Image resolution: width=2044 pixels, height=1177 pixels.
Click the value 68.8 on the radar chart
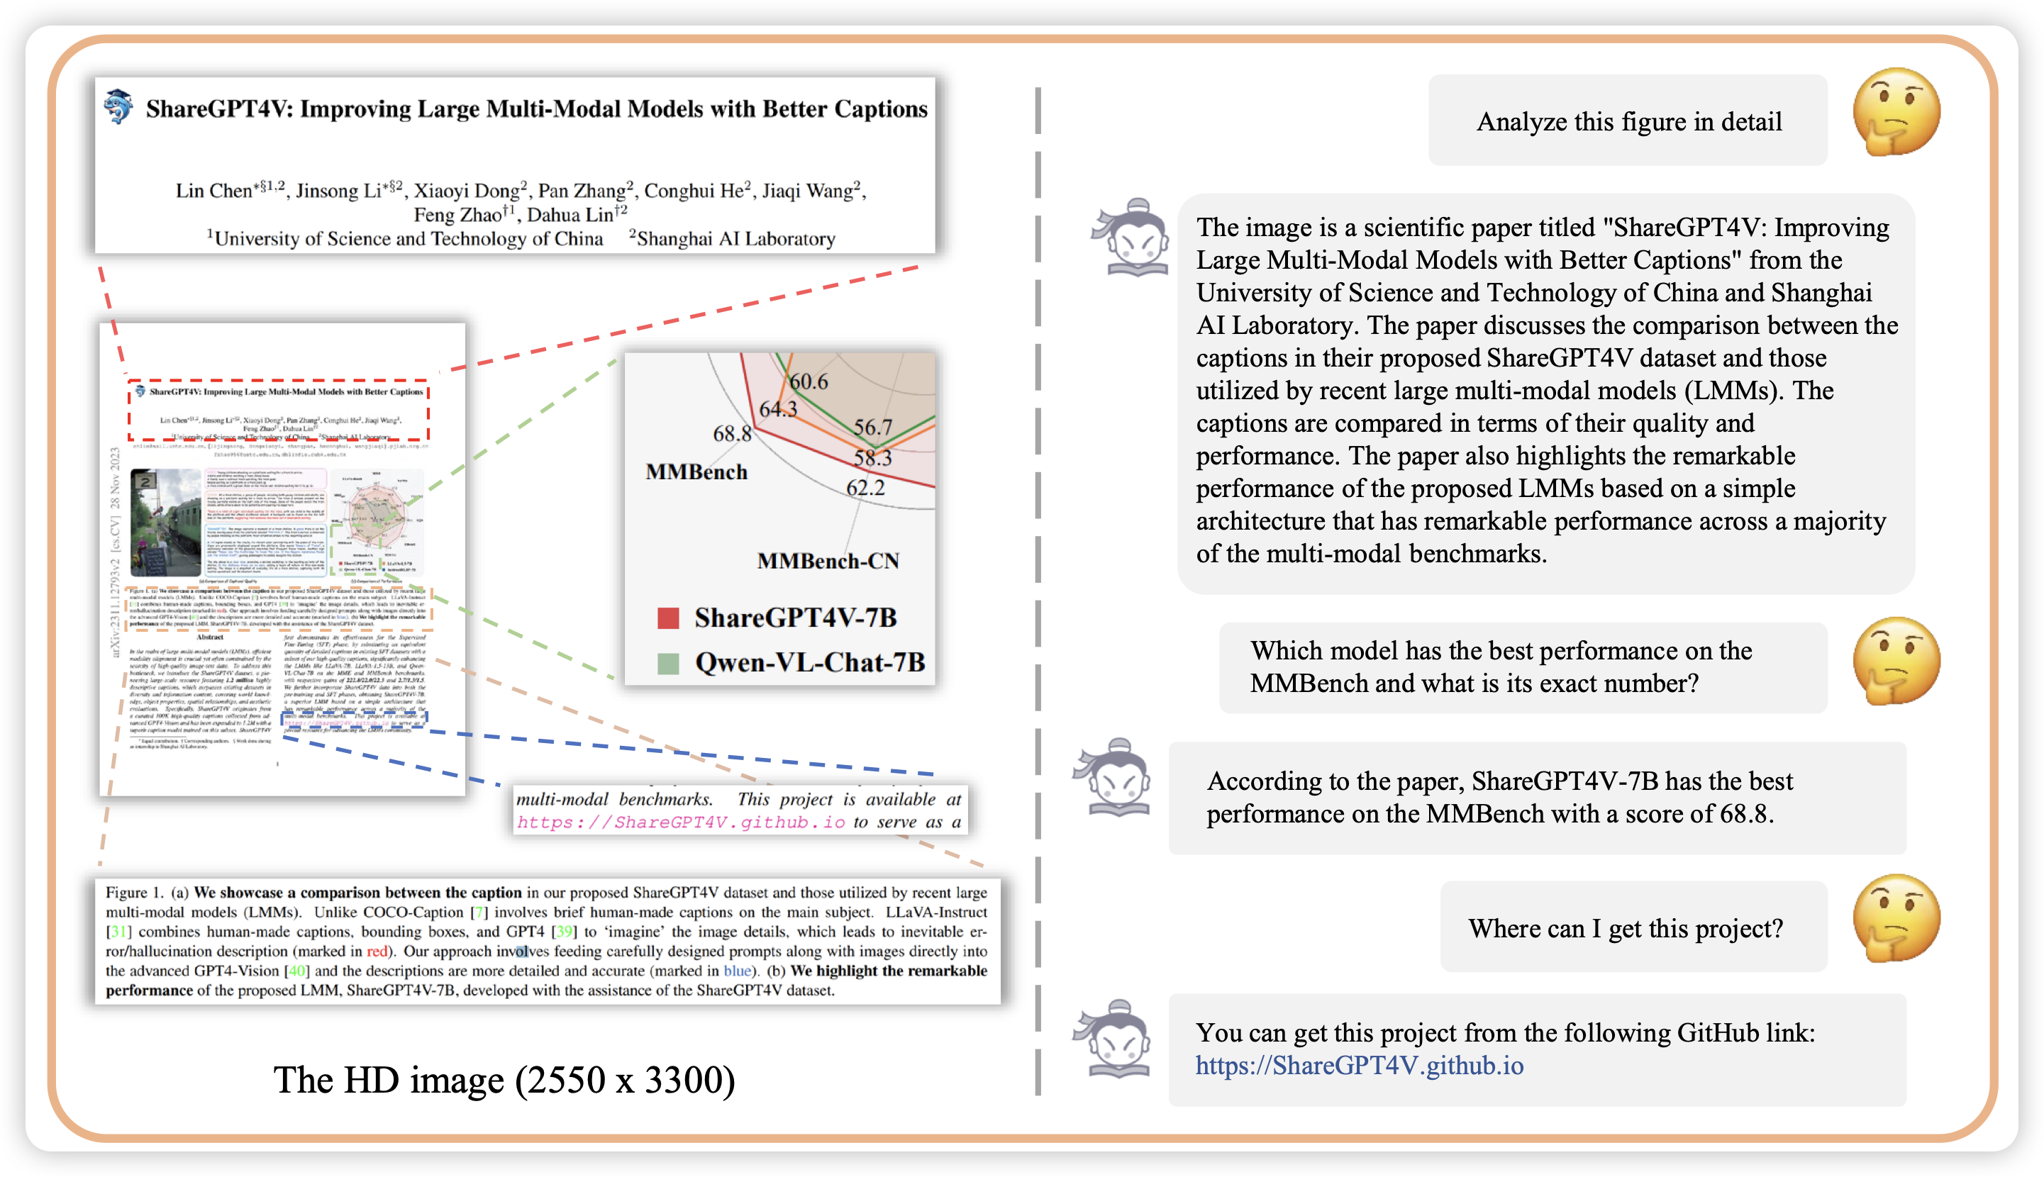pyautogui.click(x=732, y=434)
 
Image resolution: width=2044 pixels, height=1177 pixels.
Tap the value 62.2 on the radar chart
pyautogui.click(x=865, y=487)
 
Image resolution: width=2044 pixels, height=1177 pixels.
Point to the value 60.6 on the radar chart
pyautogui.click(x=809, y=381)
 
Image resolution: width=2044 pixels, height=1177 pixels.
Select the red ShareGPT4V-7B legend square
pyautogui.click(x=668, y=618)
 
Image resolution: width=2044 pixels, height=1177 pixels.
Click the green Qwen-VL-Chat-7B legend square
pyautogui.click(x=668, y=664)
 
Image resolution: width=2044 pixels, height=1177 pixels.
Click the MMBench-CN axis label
pyautogui.click(x=828, y=561)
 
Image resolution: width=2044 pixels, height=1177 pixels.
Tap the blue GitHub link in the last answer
pyautogui.click(x=1359, y=1066)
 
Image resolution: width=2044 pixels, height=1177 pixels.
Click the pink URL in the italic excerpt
pyautogui.click(x=681, y=822)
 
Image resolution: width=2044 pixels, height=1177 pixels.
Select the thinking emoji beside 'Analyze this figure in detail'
pyautogui.click(x=1896, y=111)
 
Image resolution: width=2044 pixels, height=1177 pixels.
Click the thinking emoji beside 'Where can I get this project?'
pyautogui.click(x=1896, y=918)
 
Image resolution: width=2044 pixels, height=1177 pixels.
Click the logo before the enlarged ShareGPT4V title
pyautogui.click(x=118, y=106)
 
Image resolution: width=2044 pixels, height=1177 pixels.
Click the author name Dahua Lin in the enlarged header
pyautogui.click(x=571, y=215)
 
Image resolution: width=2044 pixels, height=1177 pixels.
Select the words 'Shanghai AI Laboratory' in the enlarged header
pyautogui.click(x=735, y=239)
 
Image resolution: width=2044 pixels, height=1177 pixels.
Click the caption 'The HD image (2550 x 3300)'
pyautogui.click(x=504, y=1080)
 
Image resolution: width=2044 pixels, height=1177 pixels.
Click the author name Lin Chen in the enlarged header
pyautogui.click(x=213, y=191)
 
